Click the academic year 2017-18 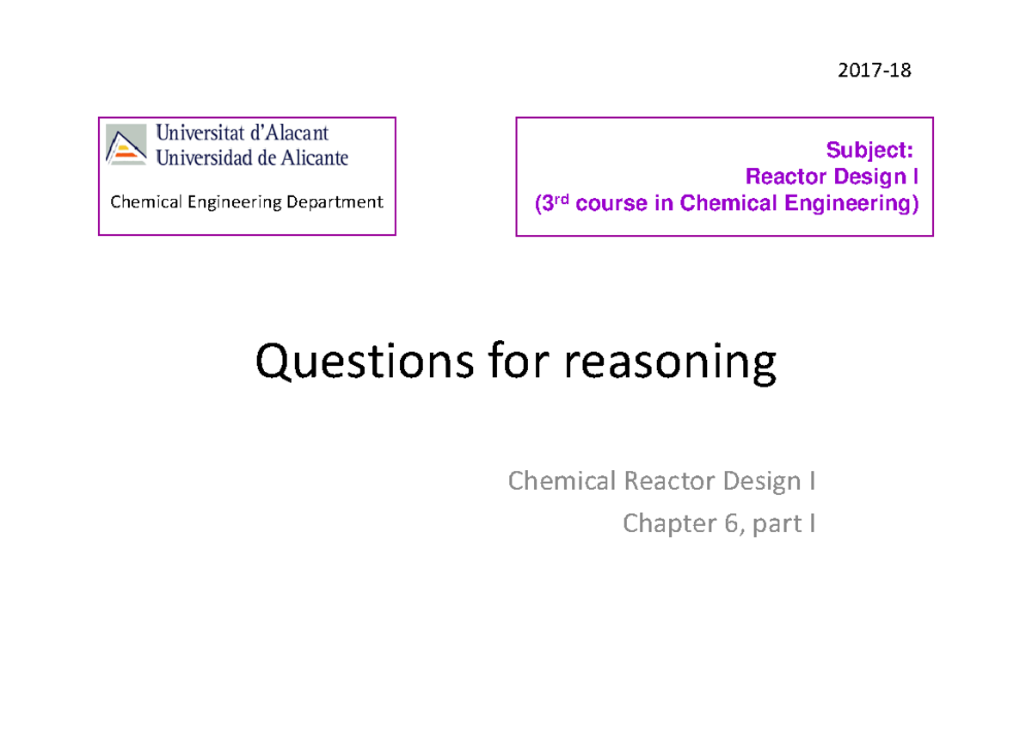click(x=874, y=71)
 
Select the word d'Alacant click(x=290, y=133)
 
